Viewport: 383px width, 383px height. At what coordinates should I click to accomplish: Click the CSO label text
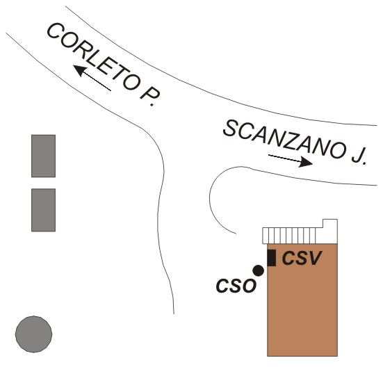point(236,286)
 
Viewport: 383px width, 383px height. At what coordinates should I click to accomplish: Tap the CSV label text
point(302,258)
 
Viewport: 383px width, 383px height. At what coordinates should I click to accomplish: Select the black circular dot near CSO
point(258,270)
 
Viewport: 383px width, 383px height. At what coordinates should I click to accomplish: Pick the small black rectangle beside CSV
point(271,258)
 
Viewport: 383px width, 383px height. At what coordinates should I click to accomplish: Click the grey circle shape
point(33,334)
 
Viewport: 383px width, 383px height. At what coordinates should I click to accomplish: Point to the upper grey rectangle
point(44,156)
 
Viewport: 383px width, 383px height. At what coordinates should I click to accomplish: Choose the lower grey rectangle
point(44,210)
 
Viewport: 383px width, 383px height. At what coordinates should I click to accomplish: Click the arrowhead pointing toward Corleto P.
point(80,70)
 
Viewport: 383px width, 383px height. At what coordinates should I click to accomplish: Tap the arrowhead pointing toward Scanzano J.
point(306,162)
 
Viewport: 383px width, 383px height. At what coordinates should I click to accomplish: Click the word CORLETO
point(92,57)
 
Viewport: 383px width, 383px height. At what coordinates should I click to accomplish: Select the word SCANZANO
point(285,140)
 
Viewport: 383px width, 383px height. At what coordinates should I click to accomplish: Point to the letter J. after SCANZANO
point(359,156)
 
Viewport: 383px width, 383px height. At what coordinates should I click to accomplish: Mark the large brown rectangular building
point(302,300)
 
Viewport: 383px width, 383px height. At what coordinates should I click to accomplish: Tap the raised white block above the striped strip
point(330,224)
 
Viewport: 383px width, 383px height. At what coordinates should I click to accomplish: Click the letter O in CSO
point(249,286)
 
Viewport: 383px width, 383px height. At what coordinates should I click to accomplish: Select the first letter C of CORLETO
point(54,31)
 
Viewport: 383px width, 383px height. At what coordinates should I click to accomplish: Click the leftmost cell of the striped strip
point(266,236)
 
